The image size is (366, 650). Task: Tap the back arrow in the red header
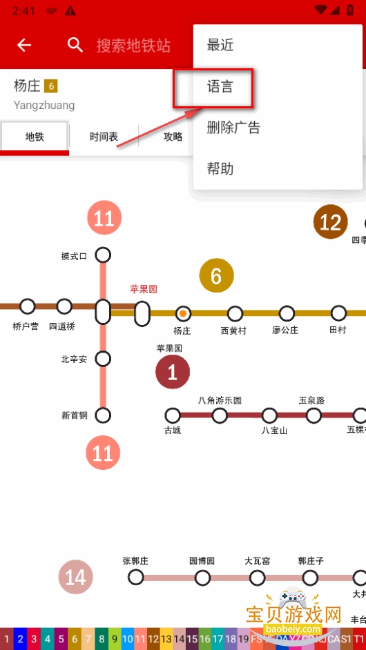point(24,46)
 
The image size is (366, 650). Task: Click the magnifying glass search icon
point(75,46)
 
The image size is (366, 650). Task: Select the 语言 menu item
point(220,87)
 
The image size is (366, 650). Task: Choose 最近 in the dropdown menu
point(220,46)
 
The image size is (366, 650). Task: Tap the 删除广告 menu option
point(233,128)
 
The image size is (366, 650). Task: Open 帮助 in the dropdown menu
point(220,169)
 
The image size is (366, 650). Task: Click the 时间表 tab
point(104,137)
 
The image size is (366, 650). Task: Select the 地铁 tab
point(35,137)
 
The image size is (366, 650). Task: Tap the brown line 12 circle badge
point(330,222)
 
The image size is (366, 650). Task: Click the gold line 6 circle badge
point(216,276)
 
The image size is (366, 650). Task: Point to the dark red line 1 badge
point(173,373)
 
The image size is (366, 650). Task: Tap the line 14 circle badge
point(75,577)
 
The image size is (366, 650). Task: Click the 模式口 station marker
point(103,255)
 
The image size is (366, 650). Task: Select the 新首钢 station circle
point(103,415)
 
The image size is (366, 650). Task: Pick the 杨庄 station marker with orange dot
point(183,313)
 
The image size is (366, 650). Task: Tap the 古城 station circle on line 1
point(173,415)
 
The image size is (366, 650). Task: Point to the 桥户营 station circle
point(28,306)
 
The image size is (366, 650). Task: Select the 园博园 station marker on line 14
point(202,578)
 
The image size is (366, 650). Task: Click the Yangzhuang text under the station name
point(44,106)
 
